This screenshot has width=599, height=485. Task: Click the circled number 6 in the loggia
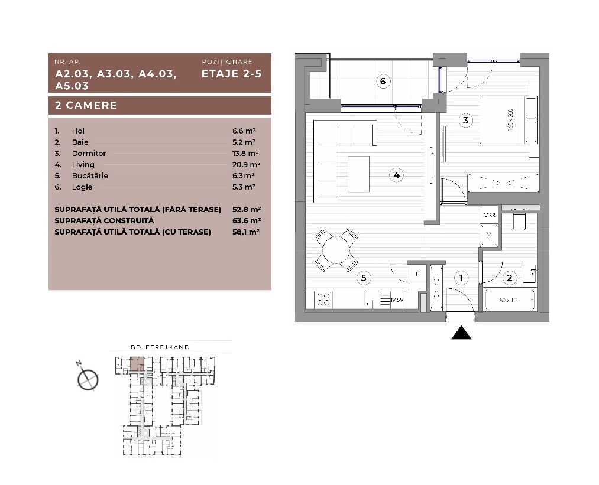coord(383,81)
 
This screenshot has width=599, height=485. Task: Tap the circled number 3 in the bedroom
coord(465,120)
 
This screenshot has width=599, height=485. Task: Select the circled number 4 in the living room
coord(397,175)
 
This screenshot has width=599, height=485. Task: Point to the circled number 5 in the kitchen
coord(364,278)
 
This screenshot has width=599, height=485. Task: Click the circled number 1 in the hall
coord(461,278)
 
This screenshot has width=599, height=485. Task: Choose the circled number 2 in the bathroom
coord(510,278)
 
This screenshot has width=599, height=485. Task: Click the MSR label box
coord(490,215)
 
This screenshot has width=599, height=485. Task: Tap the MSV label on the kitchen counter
coord(397,300)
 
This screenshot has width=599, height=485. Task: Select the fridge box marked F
coord(417,274)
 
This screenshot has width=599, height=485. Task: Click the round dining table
coord(336,250)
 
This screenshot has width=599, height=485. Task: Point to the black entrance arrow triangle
coord(461,333)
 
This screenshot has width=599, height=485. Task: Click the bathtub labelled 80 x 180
coord(510,300)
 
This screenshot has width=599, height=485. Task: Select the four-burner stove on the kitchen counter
coord(324,300)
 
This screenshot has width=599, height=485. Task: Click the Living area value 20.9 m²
coord(247,164)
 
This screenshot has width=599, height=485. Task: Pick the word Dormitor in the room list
coord(89,154)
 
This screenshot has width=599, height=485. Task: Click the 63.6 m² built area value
coord(247,220)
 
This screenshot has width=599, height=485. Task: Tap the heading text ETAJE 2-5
coord(232,74)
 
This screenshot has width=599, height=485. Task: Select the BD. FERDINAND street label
coord(160,347)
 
